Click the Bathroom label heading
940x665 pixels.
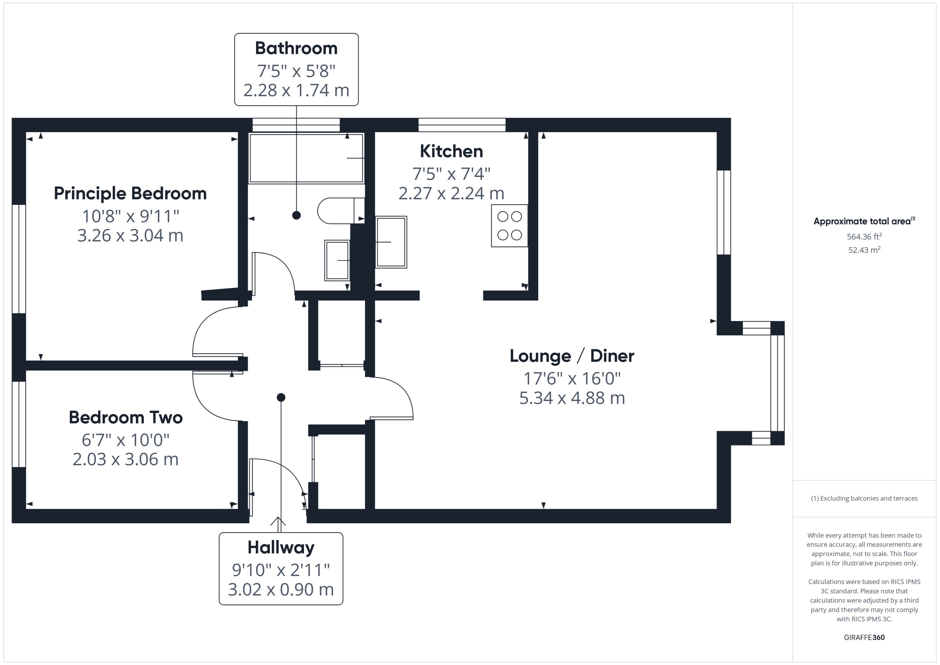(x=296, y=48)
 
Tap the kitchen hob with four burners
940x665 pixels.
(x=509, y=226)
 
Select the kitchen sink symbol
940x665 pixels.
(x=391, y=242)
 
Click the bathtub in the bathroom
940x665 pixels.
(x=306, y=158)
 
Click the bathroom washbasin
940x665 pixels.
(x=337, y=260)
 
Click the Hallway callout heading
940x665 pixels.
(x=281, y=547)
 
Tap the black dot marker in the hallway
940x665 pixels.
(x=281, y=397)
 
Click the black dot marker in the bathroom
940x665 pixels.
(x=297, y=215)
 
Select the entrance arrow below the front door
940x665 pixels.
(x=278, y=521)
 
